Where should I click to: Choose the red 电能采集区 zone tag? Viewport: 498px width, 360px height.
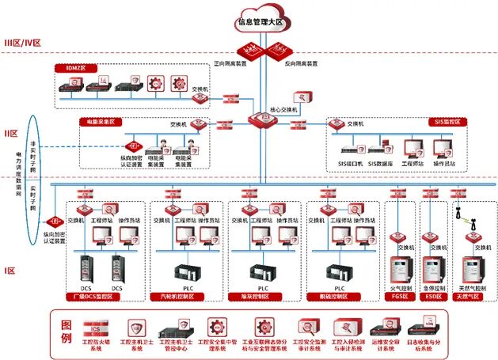[x=98, y=123]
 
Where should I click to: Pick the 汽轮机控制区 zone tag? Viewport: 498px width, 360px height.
[x=179, y=297]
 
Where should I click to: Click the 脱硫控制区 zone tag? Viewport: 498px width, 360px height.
[x=340, y=297]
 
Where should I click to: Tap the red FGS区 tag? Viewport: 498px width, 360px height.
[x=399, y=297]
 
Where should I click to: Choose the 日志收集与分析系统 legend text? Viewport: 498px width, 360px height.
[x=466, y=346]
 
